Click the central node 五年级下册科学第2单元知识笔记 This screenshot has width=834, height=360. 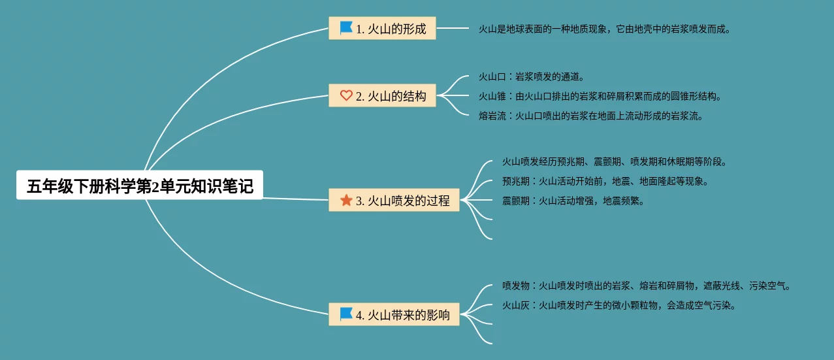click(x=139, y=186)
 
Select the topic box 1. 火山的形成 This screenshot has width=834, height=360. click(x=382, y=29)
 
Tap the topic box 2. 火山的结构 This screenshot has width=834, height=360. click(x=382, y=96)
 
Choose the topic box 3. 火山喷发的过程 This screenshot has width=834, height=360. click(x=394, y=201)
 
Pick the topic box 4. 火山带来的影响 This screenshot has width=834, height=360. click(x=394, y=314)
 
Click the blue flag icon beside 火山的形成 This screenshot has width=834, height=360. click(x=346, y=28)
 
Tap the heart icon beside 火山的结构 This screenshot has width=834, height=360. click(x=346, y=96)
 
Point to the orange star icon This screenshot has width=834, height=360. click(x=346, y=200)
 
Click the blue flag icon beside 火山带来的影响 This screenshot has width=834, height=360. click(x=346, y=314)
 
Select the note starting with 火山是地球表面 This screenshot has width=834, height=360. click(x=604, y=29)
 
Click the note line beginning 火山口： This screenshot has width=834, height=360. click(x=532, y=77)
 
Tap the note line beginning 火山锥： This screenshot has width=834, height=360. click(x=600, y=97)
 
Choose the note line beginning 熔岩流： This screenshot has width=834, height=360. click(x=590, y=116)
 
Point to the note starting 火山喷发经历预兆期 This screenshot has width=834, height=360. click(x=614, y=161)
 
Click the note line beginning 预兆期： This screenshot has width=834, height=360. click(x=605, y=181)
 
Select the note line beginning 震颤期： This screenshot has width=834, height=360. click(x=573, y=201)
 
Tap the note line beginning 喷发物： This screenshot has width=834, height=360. click(x=647, y=286)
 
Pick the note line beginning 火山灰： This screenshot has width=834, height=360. click(x=619, y=305)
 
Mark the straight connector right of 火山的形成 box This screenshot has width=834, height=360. click(x=452, y=29)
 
